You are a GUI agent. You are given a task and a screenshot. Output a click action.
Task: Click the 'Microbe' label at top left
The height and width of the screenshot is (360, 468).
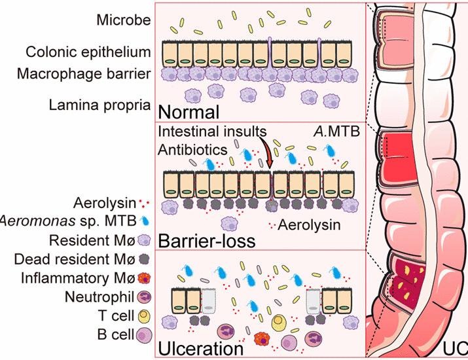[x=123, y=20]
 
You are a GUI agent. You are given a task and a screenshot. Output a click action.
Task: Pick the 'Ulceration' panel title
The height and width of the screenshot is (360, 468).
[x=202, y=348]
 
